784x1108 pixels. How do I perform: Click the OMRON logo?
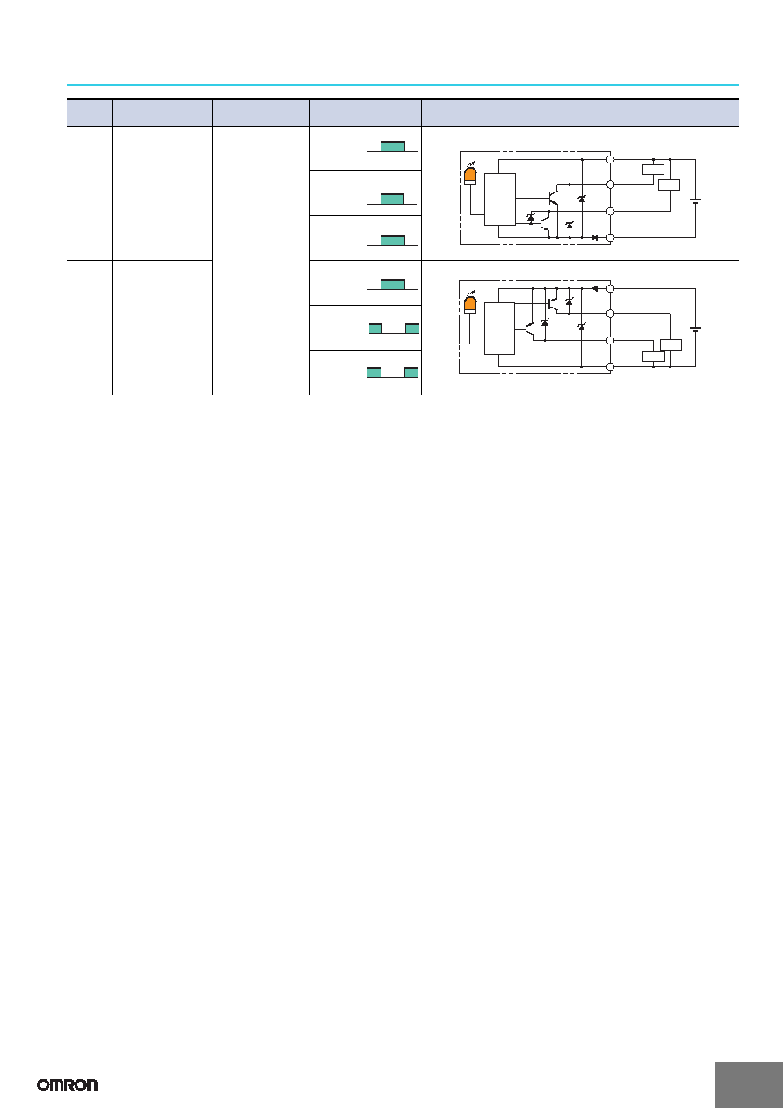pyautogui.click(x=68, y=1085)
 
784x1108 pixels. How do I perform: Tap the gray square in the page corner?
pyautogui.click(x=749, y=1085)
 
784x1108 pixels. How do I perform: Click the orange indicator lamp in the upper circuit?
pyautogui.click(x=470, y=175)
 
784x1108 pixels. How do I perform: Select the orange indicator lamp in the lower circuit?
pyautogui.click(x=470, y=304)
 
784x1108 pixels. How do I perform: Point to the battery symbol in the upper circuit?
pyautogui.click(x=695, y=201)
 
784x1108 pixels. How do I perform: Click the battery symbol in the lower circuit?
pyautogui.click(x=695, y=329)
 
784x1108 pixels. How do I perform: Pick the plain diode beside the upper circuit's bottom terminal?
pyautogui.click(x=594, y=238)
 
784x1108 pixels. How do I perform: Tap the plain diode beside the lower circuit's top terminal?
pyautogui.click(x=594, y=288)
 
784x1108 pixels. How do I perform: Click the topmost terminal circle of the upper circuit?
pyautogui.click(x=610, y=159)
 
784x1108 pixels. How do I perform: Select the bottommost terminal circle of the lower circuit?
pyautogui.click(x=610, y=367)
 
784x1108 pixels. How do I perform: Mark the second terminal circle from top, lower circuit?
pyautogui.click(x=610, y=314)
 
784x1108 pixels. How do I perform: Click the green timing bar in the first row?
pyautogui.click(x=393, y=147)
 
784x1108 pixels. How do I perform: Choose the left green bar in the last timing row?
pyautogui.click(x=374, y=373)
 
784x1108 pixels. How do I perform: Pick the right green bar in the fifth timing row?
pyautogui.click(x=412, y=329)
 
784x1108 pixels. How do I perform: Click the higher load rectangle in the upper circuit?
pyautogui.click(x=653, y=170)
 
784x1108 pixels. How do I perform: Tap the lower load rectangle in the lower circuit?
pyautogui.click(x=653, y=357)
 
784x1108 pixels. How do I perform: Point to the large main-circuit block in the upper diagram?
pyautogui.click(x=500, y=199)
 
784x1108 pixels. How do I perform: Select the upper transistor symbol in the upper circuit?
pyautogui.click(x=554, y=197)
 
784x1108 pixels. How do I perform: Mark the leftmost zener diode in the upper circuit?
pyautogui.click(x=531, y=217)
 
